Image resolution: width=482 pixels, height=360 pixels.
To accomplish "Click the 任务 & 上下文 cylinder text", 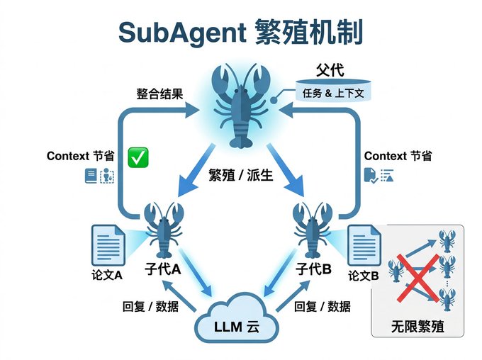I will tap(332, 92).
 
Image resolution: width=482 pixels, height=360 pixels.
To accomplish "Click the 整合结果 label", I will tap(161, 93).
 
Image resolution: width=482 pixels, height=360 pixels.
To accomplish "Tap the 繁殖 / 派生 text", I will tap(241, 176).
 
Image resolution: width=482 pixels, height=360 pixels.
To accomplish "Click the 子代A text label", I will tap(162, 269).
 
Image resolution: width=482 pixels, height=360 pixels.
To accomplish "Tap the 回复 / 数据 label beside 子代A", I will tap(150, 306).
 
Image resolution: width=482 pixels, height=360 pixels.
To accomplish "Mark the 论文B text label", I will tap(364, 274).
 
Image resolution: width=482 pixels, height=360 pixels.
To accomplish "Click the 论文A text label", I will tap(107, 274).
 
